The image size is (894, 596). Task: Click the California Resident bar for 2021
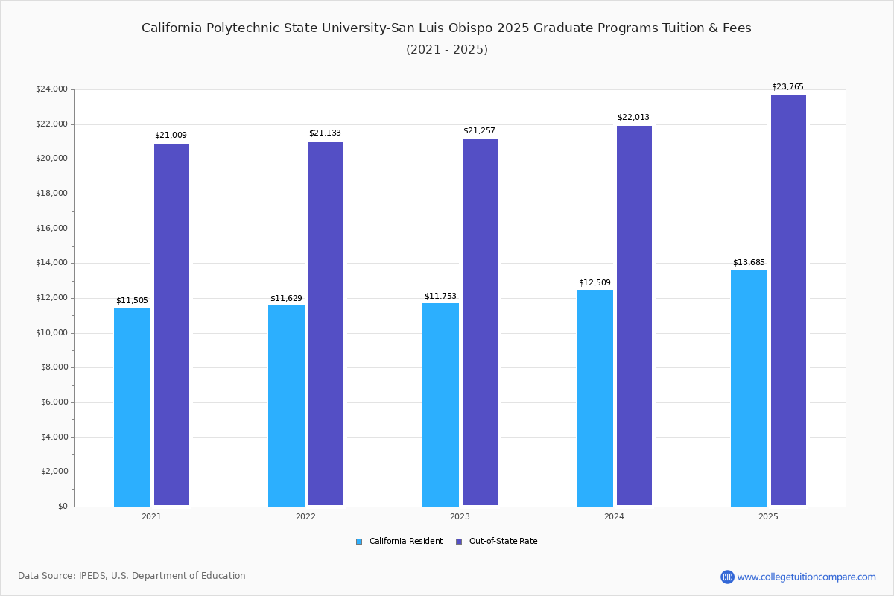[132, 407]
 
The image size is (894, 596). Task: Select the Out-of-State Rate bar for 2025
[788, 300]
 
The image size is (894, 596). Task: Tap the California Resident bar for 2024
[595, 398]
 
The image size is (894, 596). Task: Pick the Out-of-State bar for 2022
[326, 323]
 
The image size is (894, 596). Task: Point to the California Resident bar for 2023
[440, 404]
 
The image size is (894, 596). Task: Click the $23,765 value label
[787, 87]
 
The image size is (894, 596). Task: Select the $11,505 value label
[132, 301]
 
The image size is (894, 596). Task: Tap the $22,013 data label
[633, 118]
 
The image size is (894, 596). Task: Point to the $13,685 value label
[749, 263]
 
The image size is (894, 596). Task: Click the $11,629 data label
[286, 299]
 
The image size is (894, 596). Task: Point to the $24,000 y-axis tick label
[51, 89]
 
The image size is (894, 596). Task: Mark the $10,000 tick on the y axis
[51, 333]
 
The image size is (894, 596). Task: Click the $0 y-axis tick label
[62, 507]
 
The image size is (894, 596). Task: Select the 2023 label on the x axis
[460, 516]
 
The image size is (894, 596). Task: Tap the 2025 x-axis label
[768, 516]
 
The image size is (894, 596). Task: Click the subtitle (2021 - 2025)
[447, 50]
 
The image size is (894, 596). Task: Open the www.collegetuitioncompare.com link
[806, 577]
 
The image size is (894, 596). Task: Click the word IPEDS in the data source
[92, 576]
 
